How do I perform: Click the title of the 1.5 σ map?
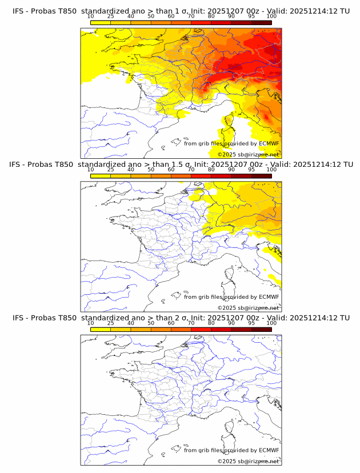point(181,165)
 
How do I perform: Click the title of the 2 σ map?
point(181,318)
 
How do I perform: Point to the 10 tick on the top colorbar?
point(91,17)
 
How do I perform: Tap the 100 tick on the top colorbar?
point(271,17)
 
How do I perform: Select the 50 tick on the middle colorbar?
point(151,170)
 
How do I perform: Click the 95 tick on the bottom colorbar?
point(251,323)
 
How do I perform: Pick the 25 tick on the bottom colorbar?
point(111,323)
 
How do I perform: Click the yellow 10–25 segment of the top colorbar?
point(101,23)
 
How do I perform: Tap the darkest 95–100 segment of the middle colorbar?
point(261,176)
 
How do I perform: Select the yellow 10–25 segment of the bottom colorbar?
point(101,329)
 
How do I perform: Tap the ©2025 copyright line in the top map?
point(248,154)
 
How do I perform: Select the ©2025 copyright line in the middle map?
point(248,307)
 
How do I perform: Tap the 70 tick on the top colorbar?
point(191,17)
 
